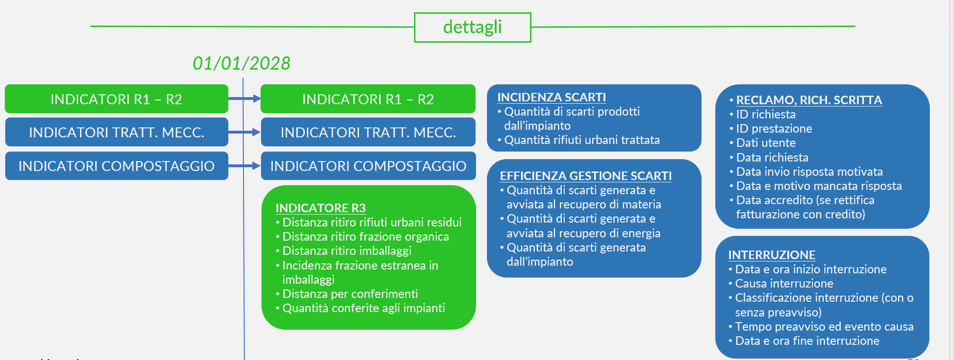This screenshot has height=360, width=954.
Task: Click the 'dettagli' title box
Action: point(472,27)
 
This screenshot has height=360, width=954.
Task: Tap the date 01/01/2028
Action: point(242,63)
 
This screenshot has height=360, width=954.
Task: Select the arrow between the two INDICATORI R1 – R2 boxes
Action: point(244,99)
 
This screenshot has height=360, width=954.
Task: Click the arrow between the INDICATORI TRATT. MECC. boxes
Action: point(244,132)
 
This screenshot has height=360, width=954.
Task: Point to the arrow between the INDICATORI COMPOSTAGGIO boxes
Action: point(244,166)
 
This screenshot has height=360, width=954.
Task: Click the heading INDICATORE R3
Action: point(321,208)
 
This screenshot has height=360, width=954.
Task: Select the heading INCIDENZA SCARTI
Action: point(551,97)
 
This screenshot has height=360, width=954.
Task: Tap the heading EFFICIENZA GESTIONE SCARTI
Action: point(585,176)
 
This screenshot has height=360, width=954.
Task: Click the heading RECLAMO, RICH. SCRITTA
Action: point(809,100)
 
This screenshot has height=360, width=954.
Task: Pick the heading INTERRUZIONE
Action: point(772,255)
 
